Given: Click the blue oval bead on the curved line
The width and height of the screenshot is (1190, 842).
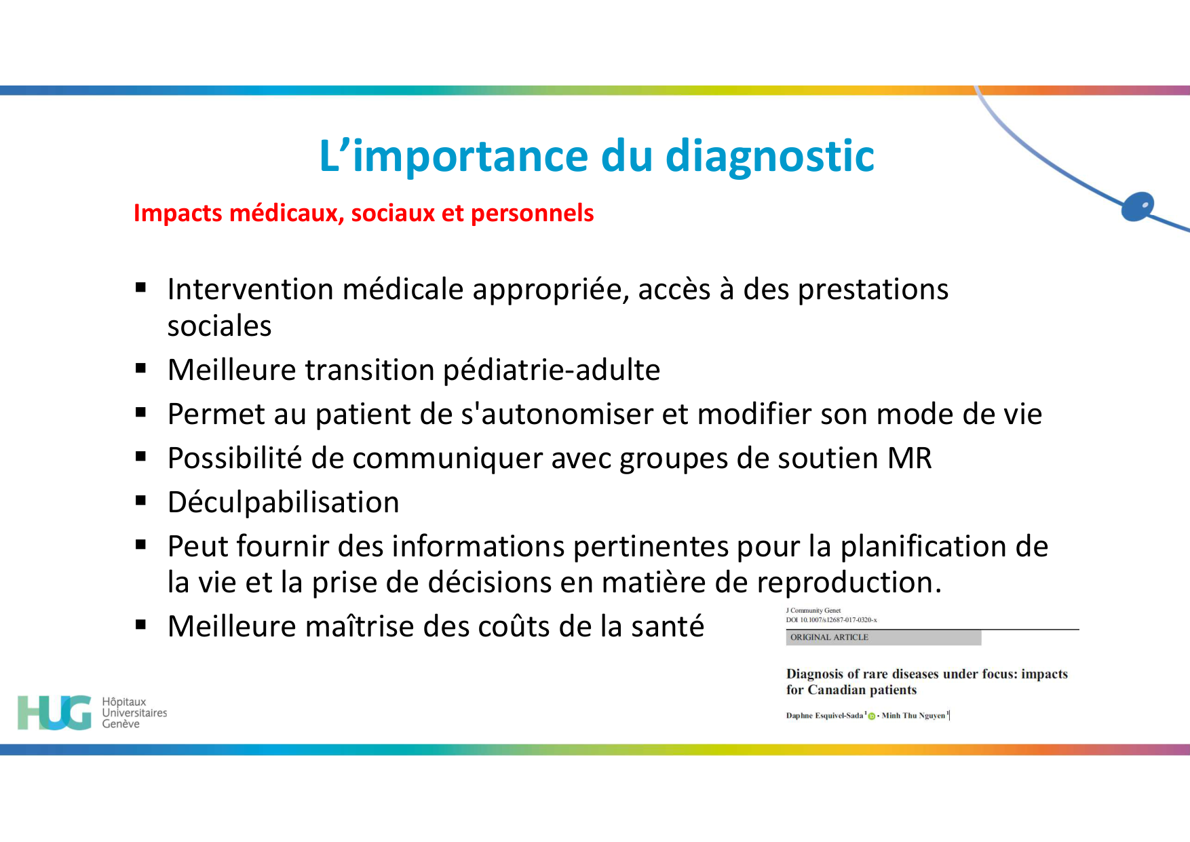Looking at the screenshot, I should tap(1138, 206).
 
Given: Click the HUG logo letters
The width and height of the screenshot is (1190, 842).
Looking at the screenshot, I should tap(54, 712).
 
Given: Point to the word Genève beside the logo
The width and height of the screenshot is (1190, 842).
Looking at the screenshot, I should tap(121, 724).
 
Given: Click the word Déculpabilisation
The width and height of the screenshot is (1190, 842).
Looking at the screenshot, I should tap(283, 503).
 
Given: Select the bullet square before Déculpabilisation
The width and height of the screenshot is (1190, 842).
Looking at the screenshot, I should tap(141, 501).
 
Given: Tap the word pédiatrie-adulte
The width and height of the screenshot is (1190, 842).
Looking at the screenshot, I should tap(551, 370).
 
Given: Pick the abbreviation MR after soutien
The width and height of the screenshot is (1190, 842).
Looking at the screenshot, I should tap(909, 459).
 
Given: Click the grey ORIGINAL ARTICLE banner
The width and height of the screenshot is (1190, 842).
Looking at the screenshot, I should tap(883, 637).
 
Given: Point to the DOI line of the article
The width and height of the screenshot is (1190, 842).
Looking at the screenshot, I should tap(831, 619).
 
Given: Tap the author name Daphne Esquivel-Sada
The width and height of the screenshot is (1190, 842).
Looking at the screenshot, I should tap(824, 715).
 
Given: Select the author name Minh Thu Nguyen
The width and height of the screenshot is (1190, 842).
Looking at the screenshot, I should tap(913, 715).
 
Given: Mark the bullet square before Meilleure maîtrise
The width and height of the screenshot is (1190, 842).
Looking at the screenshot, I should tap(141, 625).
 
